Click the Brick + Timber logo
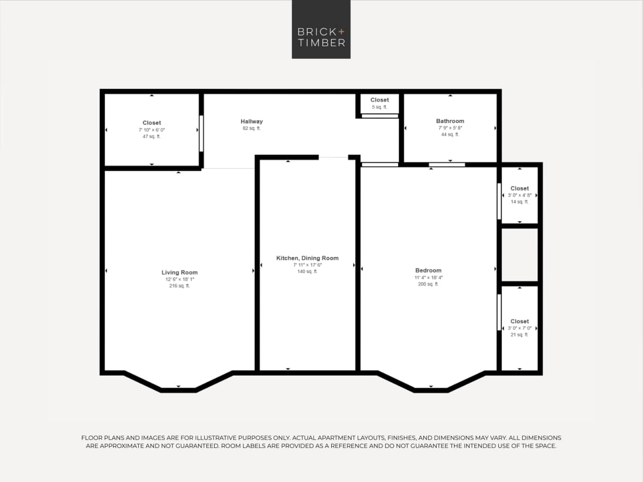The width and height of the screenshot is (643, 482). coord(321,30)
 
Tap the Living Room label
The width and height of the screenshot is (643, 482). coord(179,272)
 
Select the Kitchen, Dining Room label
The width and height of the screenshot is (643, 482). coord(307,258)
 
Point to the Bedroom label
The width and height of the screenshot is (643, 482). coord(428,270)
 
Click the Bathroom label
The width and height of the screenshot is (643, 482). coord(450,121)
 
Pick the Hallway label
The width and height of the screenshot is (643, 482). coord(251,121)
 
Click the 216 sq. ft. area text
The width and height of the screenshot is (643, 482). coord(179,286)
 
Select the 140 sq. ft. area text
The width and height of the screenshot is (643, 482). coord(307,271)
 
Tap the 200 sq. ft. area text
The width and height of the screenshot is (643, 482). coord(428,284)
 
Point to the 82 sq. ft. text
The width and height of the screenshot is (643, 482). coord(251,128)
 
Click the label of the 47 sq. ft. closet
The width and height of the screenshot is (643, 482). coord(152,123)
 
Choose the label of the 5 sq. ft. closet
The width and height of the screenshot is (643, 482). coord(380,100)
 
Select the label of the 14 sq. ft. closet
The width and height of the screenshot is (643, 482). coord(519,188)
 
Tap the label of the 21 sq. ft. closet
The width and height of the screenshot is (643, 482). coord(519,321)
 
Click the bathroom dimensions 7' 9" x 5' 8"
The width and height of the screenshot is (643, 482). coord(450,128)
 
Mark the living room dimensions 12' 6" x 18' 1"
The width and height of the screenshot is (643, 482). coord(179,279)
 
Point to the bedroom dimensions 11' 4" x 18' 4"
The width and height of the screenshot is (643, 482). coord(428,277)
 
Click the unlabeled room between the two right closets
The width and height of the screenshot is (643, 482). coord(519,255)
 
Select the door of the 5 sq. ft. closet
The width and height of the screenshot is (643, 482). coord(380,116)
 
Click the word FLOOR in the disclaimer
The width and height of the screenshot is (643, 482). coord(92,438)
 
